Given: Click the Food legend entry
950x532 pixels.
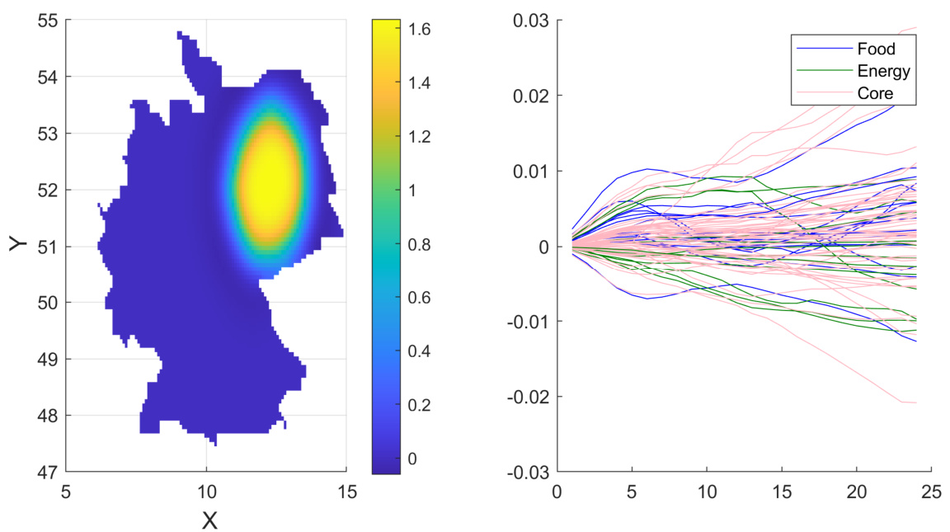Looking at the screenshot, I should point(876,49).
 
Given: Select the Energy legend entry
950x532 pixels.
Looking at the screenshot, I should point(883,72).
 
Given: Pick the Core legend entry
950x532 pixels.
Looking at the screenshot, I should point(875,94).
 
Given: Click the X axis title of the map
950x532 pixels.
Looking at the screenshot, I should point(209,520).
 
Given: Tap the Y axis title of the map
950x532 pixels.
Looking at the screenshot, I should point(18,245).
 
